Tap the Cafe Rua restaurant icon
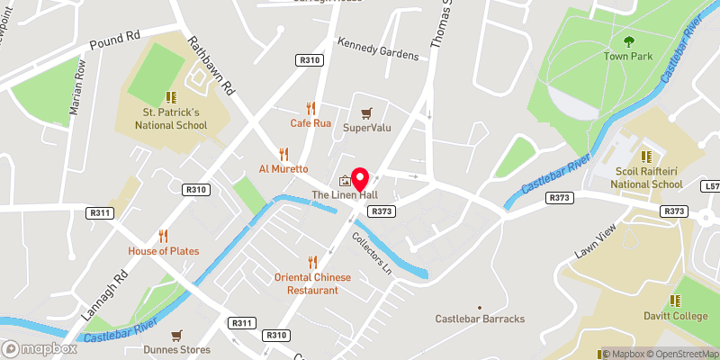(x=312, y=107)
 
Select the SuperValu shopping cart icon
(x=365, y=113)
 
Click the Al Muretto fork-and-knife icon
(x=284, y=153)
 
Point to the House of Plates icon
(x=163, y=236)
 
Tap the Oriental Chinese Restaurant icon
(x=312, y=262)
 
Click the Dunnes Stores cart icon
(x=176, y=335)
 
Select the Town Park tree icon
(x=629, y=40)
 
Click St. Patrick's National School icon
(x=169, y=97)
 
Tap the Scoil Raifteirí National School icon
(x=643, y=155)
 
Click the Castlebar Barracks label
(x=480, y=319)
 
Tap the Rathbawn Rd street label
(x=211, y=66)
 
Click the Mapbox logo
(x=40, y=348)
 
